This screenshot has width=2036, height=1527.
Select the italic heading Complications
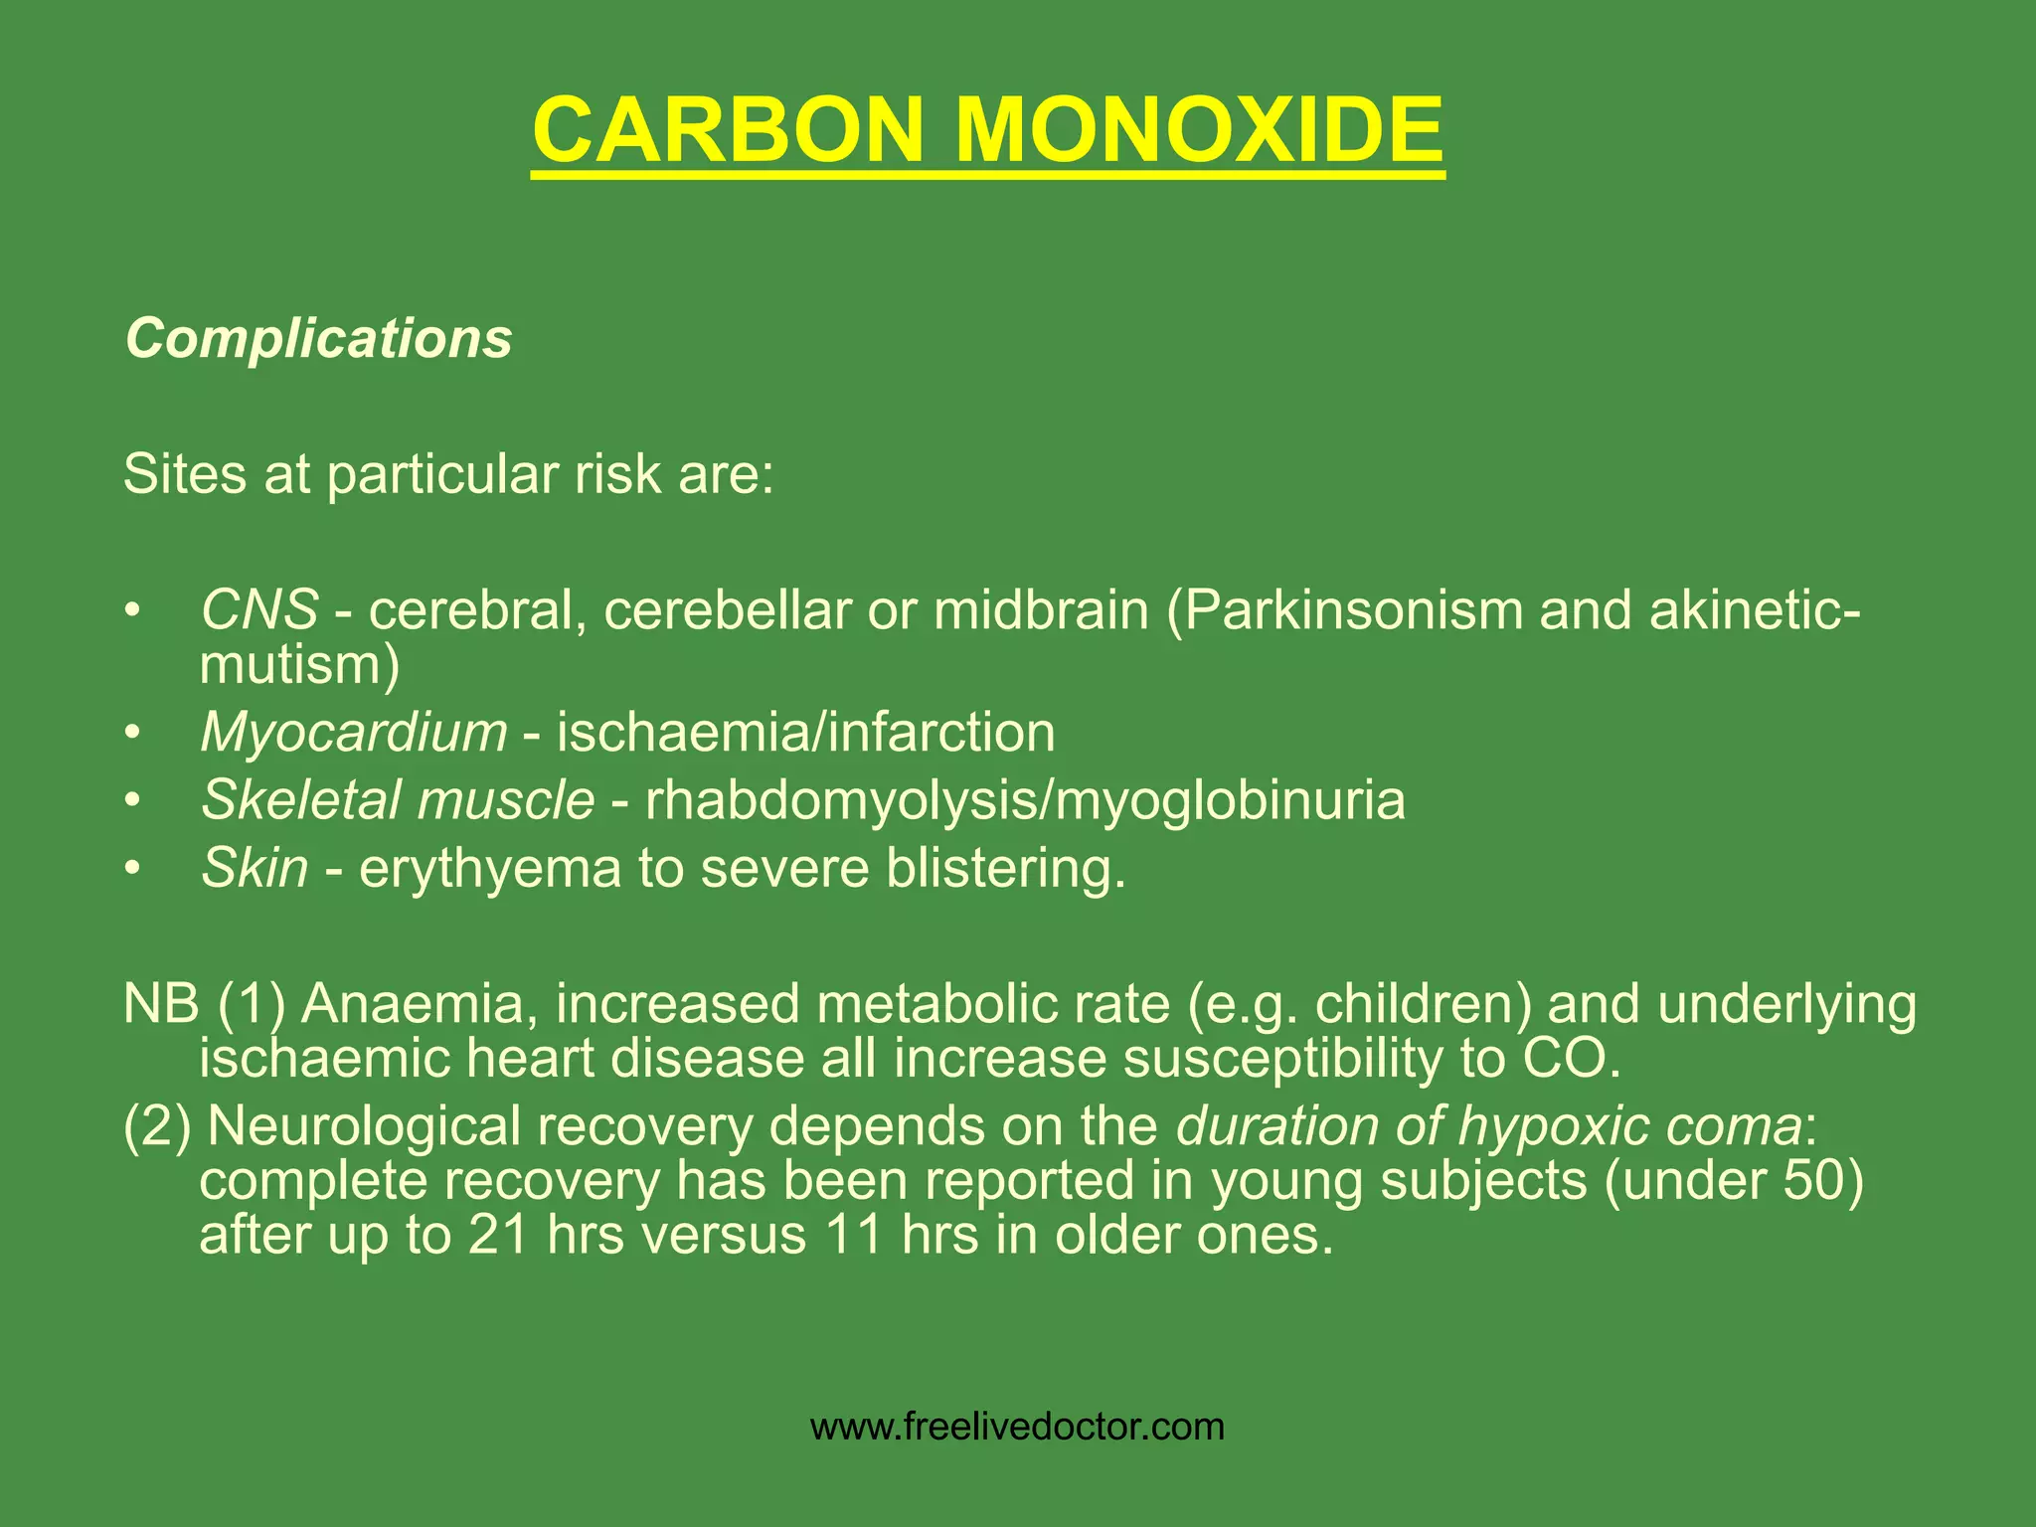tap(318, 339)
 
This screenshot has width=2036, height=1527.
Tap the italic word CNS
tap(259, 609)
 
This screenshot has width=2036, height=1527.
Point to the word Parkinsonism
tap(1353, 609)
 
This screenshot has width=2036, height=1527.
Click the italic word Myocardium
tap(354, 733)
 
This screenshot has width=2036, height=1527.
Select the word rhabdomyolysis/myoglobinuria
tap(1025, 800)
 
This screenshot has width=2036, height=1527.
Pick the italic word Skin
tap(254, 868)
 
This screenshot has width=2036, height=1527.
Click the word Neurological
tap(364, 1126)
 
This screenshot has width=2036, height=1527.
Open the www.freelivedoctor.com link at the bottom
tap(1017, 1427)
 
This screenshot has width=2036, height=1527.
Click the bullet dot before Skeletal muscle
tap(132, 801)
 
